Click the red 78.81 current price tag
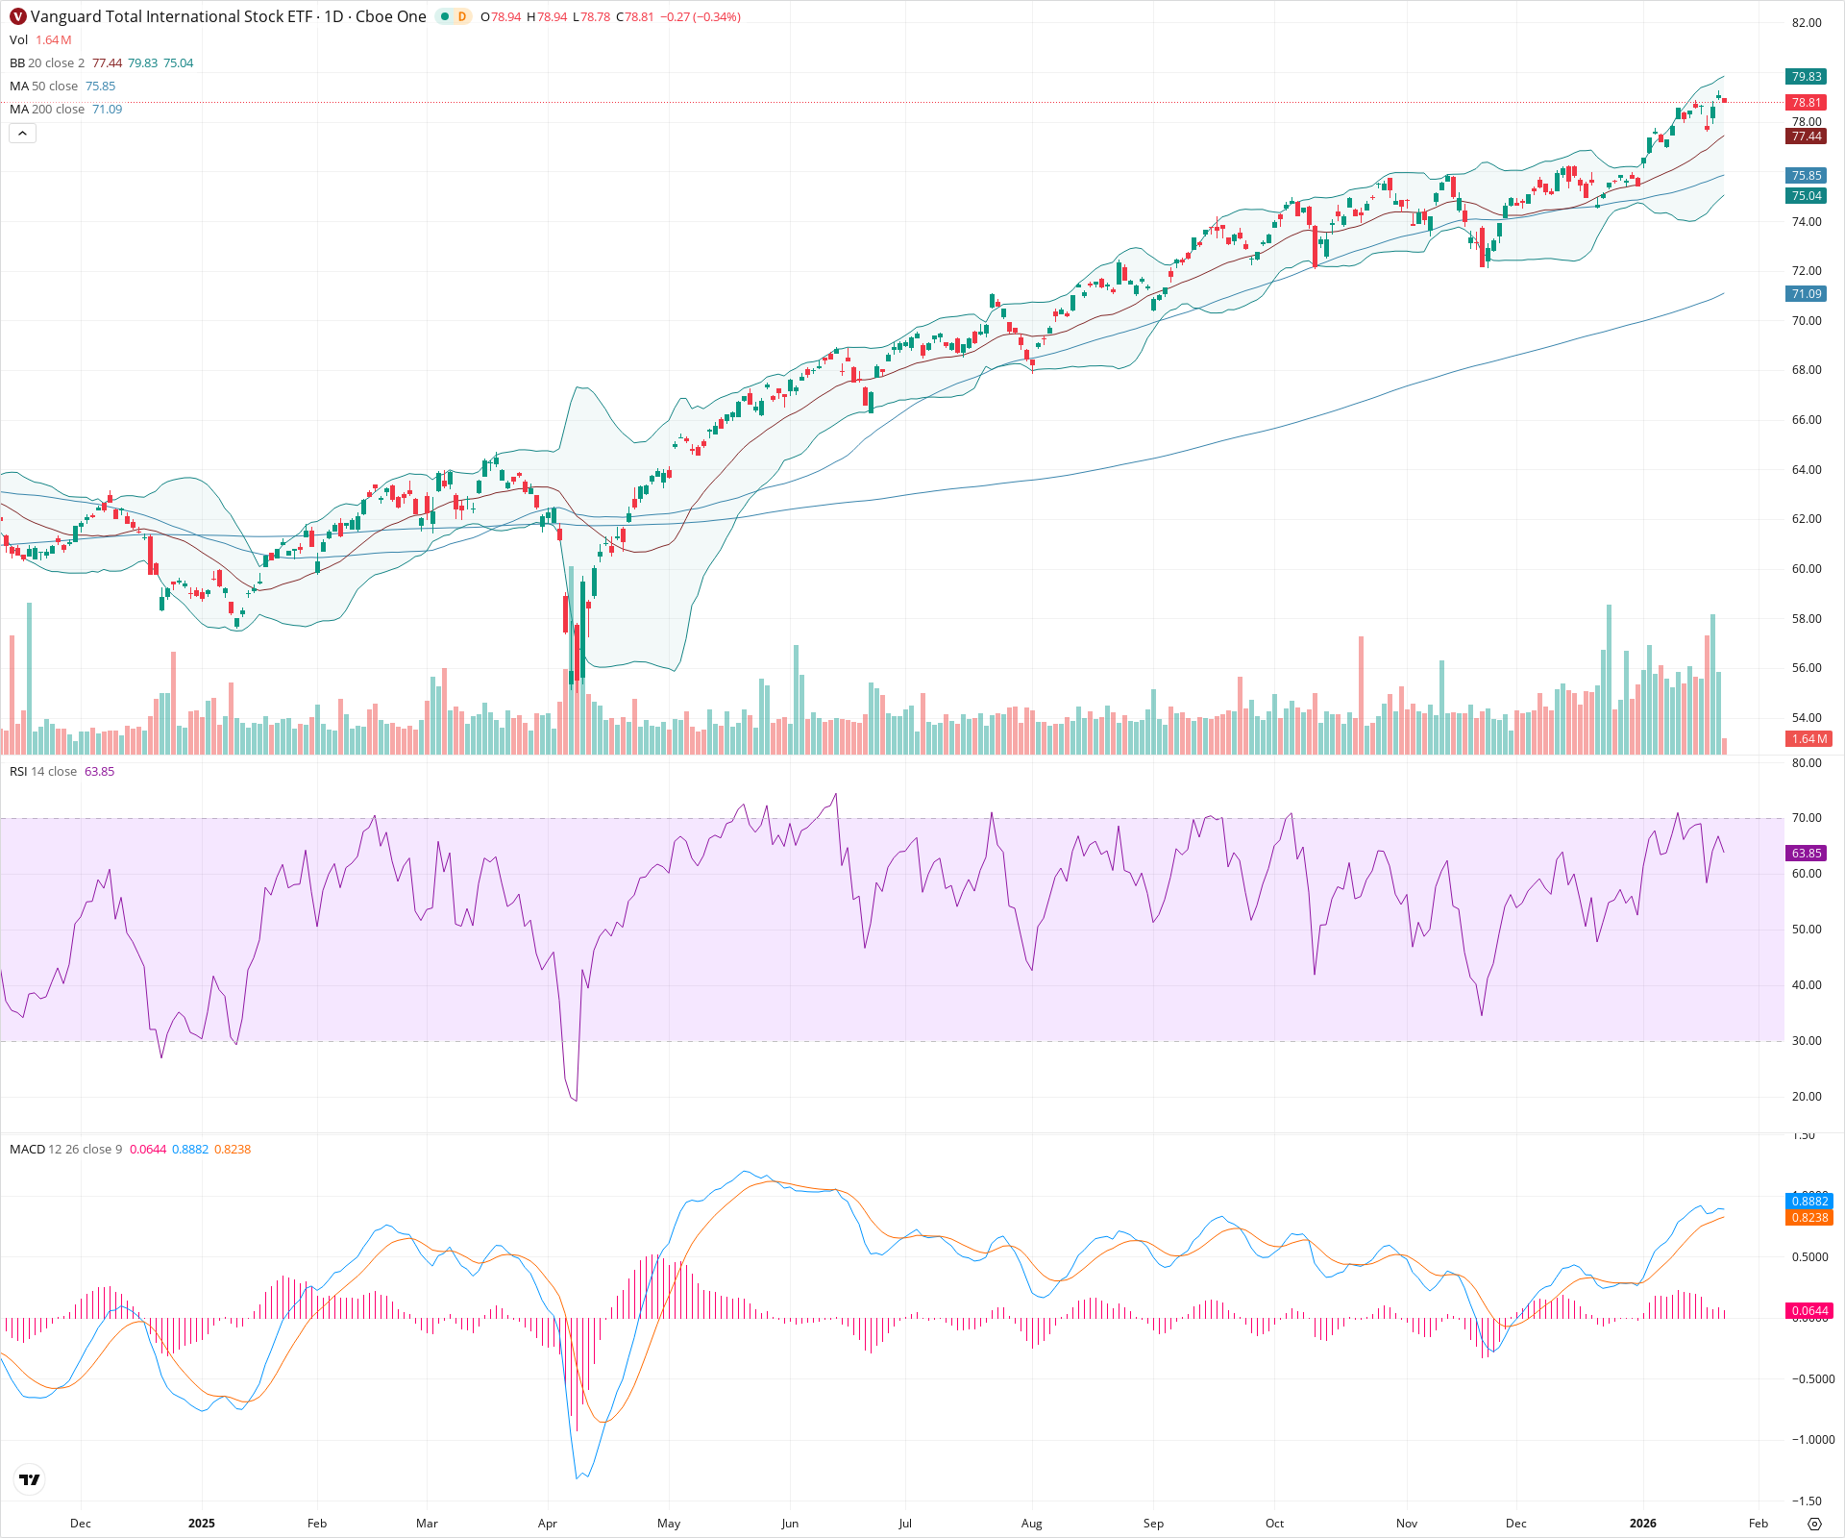click(1806, 102)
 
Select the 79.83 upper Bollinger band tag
click(1806, 77)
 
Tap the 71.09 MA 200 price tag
click(1806, 294)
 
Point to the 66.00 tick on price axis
click(1806, 420)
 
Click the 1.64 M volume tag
click(1808, 739)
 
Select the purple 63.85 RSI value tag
click(1806, 854)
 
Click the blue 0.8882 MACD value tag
click(1809, 1201)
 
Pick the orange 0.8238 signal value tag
click(1809, 1218)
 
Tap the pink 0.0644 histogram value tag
click(1809, 1311)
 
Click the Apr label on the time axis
click(548, 1524)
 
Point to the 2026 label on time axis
click(1643, 1524)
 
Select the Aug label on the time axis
click(1031, 1524)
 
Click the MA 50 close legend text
click(44, 87)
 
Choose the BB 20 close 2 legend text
click(47, 63)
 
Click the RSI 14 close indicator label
click(43, 772)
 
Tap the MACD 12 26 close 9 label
click(65, 1150)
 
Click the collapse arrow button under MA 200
click(22, 134)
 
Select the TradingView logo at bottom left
click(30, 1479)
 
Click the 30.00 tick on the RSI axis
click(1806, 1041)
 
